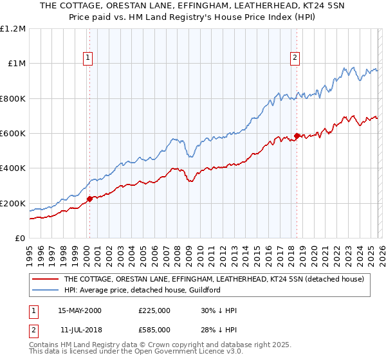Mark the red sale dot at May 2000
89,199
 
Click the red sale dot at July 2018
297,136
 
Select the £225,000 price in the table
154,310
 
